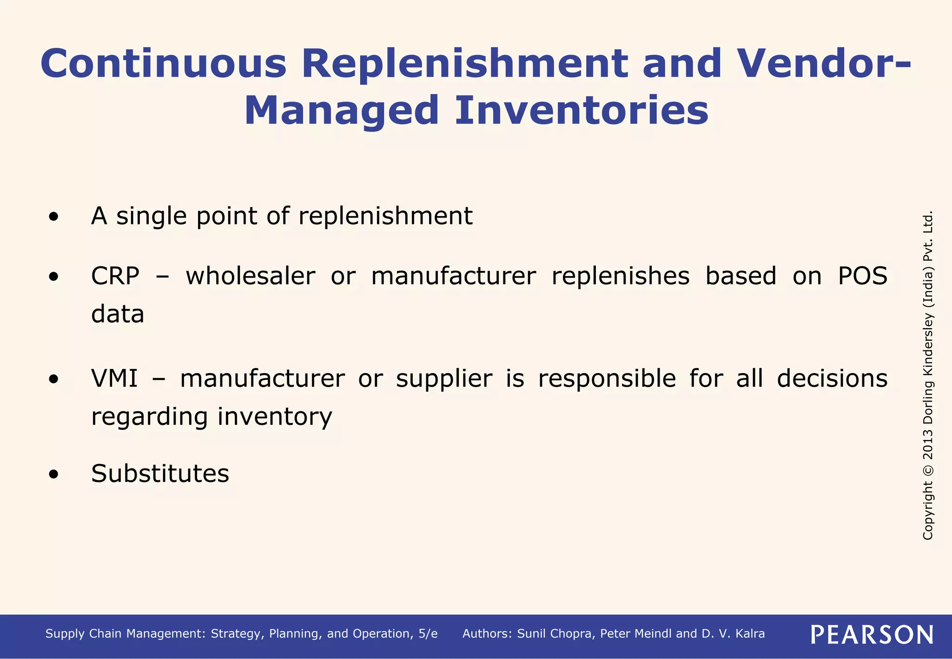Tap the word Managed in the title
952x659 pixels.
[341, 112]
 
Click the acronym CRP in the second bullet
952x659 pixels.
[115, 276]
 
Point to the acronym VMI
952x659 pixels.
[114, 378]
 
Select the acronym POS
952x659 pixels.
[862, 276]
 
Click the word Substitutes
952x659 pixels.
[160, 474]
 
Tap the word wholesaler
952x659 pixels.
[251, 276]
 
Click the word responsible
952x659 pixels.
[607, 378]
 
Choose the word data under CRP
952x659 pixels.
[118, 314]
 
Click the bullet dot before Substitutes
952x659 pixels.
[54, 474]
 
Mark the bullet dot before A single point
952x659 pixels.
[54, 217]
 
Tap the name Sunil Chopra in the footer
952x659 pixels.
[555, 634]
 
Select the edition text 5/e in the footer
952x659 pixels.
[428, 634]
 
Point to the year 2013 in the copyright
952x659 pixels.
[928, 443]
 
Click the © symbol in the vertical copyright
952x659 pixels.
[928, 470]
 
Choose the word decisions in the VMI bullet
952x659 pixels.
[832, 378]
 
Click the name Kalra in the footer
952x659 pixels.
[750, 634]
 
